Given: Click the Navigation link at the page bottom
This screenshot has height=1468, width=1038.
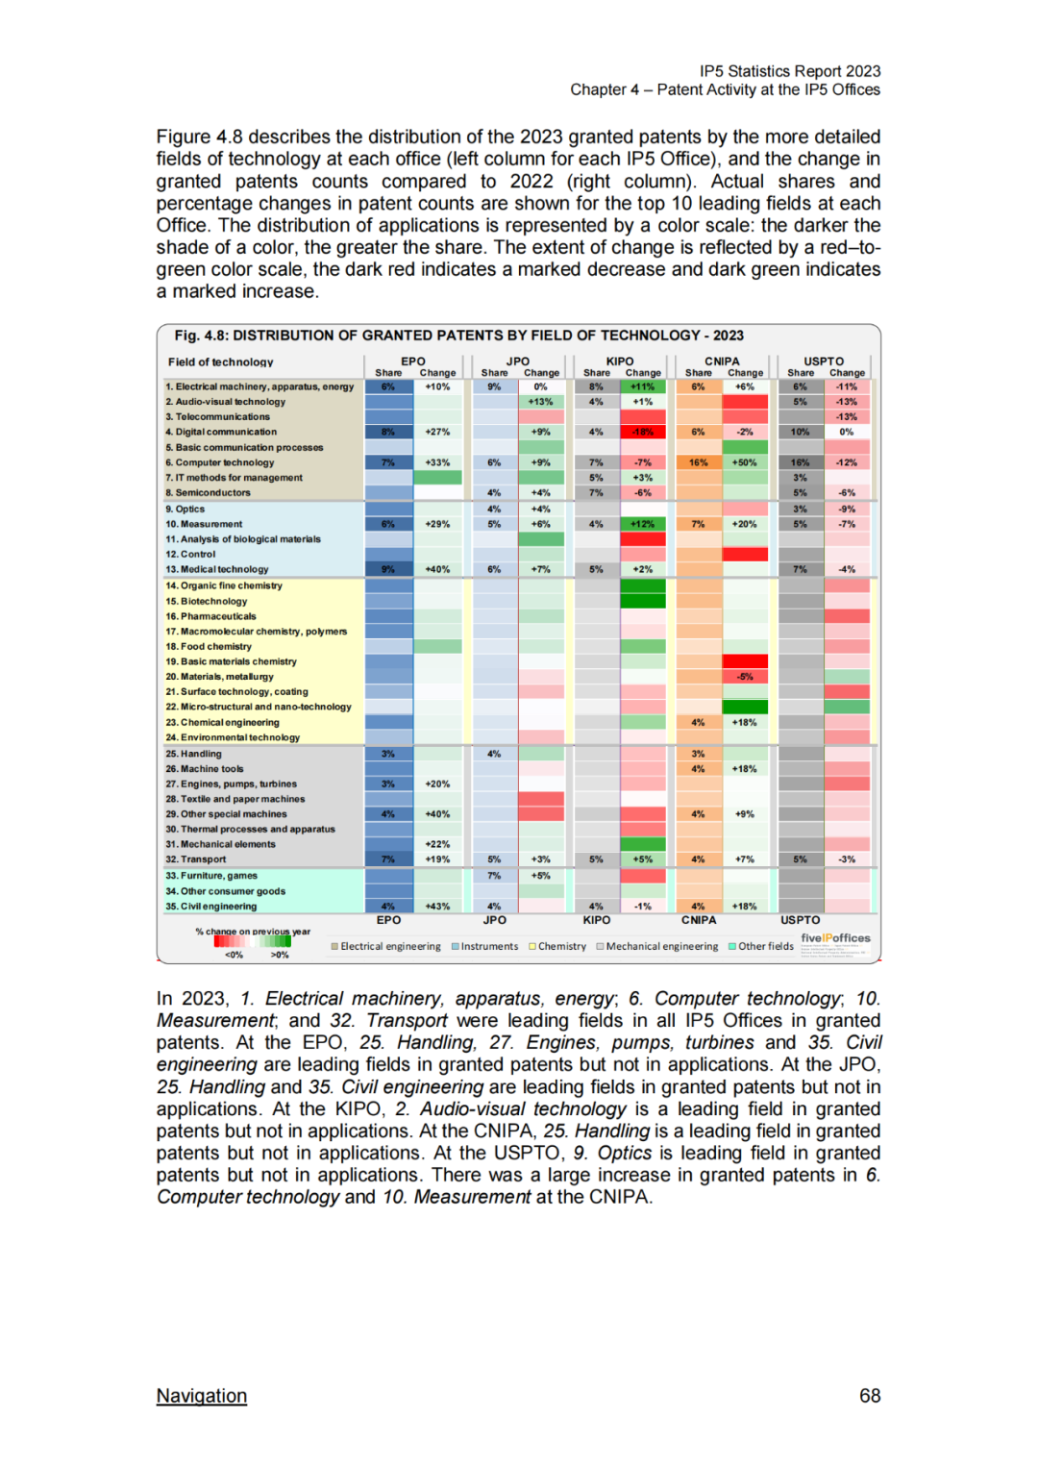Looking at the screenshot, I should tap(202, 1396).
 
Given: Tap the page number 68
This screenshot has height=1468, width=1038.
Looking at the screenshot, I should tap(870, 1396).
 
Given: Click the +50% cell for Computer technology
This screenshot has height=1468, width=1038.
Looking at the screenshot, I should tap(745, 462).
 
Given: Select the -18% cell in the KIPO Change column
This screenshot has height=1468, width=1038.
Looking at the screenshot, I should tap(643, 432).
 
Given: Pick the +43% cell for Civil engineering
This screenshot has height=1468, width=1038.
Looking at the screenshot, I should tap(437, 907).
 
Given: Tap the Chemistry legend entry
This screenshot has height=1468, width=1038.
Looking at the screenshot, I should tap(557, 946).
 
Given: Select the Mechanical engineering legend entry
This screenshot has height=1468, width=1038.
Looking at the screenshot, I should tap(657, 946).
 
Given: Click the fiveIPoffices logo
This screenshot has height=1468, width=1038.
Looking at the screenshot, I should tap(835, 938).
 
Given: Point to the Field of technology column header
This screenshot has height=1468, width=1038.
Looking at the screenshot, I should tap(220, 362).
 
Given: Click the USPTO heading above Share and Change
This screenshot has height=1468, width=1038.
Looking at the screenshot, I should tap(824, 361).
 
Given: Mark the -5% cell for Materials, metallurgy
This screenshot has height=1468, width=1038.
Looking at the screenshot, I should tap(745, 677).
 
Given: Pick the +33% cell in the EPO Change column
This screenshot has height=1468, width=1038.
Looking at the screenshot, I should tap(437, 462).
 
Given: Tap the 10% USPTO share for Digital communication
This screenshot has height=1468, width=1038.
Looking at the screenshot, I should tap(800, 432).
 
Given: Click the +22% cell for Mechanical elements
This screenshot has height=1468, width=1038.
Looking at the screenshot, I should tap(437, 844).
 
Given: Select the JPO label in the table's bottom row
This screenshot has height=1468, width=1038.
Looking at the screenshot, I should tap(494, 920).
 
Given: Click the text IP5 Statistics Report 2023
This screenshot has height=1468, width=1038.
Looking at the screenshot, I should tap(790, 71).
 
